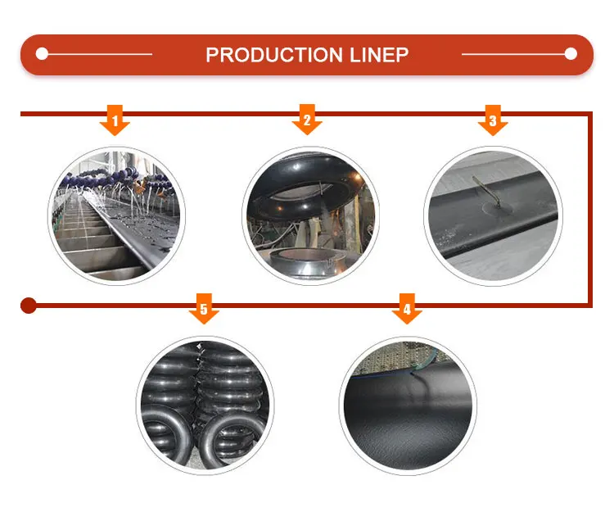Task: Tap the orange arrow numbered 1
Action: [x=115, y=121]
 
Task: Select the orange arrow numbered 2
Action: [x=307, y=121]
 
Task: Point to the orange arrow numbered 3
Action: [x=493, y=121]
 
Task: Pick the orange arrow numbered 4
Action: [x=407, y=310]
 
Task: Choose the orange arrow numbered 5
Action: [x=204, y=310]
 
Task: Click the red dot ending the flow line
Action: [x=29, y=306]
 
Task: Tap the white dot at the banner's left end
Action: [x=43, y=55]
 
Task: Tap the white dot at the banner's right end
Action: [x=571, y=55]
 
